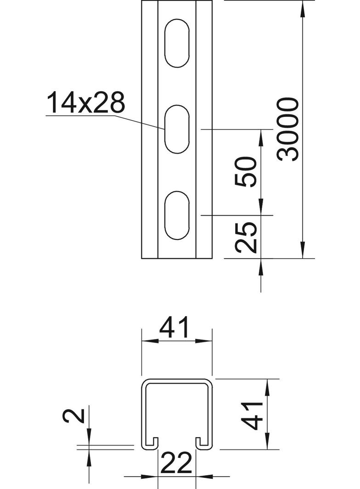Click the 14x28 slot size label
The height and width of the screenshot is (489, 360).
tap(85, 102)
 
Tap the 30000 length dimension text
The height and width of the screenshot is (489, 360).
tap(288, 129)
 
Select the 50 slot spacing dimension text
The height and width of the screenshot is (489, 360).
tap(246, 172)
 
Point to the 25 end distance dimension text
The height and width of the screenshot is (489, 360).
tap(246, 237)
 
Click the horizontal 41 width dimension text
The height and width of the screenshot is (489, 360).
tap(174, 328)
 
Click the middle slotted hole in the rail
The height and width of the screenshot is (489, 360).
tap(177, 129)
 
